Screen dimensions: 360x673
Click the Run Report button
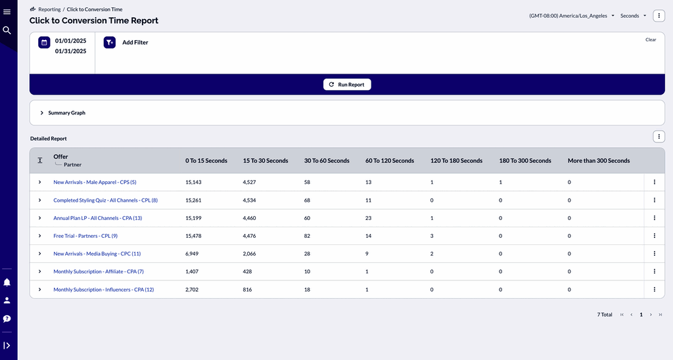coord(347,85)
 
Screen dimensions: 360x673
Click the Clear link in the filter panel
coord(651,39)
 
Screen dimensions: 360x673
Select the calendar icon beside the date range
coord(44,43)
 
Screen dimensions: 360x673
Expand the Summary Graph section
coord(42,113)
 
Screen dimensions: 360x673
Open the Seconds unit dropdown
coord(633,16)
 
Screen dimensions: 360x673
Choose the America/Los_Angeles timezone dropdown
coord(572,16)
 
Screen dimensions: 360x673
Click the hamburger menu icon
coord(7,12)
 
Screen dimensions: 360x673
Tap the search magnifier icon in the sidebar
coord(7,30)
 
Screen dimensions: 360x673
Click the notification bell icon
coord(7,282)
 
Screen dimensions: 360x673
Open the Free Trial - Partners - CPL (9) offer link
coord(85,236)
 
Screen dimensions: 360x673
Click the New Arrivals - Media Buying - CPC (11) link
coord(97,254)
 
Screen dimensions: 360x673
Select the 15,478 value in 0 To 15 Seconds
coord(193,236)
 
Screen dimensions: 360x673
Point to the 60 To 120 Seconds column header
coord(389,161)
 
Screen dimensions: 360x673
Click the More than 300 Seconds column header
coord(598,161)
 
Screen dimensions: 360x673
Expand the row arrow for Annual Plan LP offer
coord(39,218)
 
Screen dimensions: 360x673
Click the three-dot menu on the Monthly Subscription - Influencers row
coord(654,290)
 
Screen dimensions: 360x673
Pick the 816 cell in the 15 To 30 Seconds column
coord(247,290)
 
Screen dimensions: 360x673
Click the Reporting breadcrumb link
coord(49,10)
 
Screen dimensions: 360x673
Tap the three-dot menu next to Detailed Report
coord(659,137)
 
